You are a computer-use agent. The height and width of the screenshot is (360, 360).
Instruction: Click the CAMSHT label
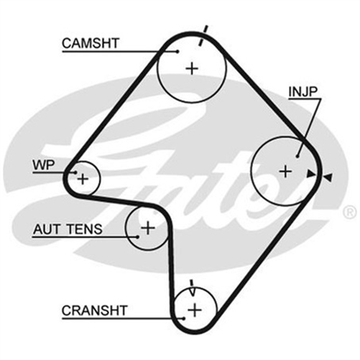pyautogui.click(x=90, y=43)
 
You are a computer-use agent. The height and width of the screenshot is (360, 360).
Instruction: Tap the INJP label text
pyautogui.click(x=303, y=92)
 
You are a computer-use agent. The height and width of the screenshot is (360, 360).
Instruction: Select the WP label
pyautogui.click(x=42, y=165)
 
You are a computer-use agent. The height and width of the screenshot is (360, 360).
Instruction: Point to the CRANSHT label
pyautogui.click(x=94, y=310)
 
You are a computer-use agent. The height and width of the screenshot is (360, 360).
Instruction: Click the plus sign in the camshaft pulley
pyautogui.click(x=192, y=68)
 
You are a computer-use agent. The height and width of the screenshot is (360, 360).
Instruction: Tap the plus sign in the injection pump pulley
pyautogui.click(x=285, y=171)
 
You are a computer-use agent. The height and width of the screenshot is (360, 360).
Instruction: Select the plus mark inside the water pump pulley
pyautogui.click(x=83, y=177)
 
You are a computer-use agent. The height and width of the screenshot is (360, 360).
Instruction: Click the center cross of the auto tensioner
pyautogui.click(x=148, y=228)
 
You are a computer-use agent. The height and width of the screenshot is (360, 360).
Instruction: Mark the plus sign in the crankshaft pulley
pyautogui.click(x=195, y=310)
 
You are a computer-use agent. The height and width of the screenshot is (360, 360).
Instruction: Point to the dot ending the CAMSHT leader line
pyautogui.click(x=177, y=51)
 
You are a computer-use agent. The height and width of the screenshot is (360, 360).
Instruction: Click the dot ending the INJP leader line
pyautogui.click(x=297, y=153)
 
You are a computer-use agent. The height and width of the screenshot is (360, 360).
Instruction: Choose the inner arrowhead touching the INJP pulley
pyautogui.click(x=310, y=172)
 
